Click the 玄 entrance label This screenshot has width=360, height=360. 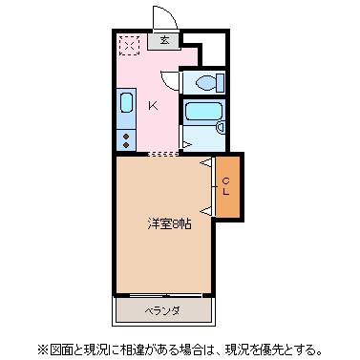tap(165, 41)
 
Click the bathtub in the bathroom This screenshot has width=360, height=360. tap(201, 112)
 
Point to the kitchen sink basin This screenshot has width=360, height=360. tap(125, 105)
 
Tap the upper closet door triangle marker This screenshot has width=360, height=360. tap(205, 163)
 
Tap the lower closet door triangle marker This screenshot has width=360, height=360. tap(205, 208)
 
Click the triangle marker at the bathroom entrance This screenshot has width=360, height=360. tap(185, 143)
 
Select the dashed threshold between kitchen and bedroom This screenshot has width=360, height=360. tap(163, 152)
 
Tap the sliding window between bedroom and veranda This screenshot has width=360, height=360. tap(162, 295)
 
